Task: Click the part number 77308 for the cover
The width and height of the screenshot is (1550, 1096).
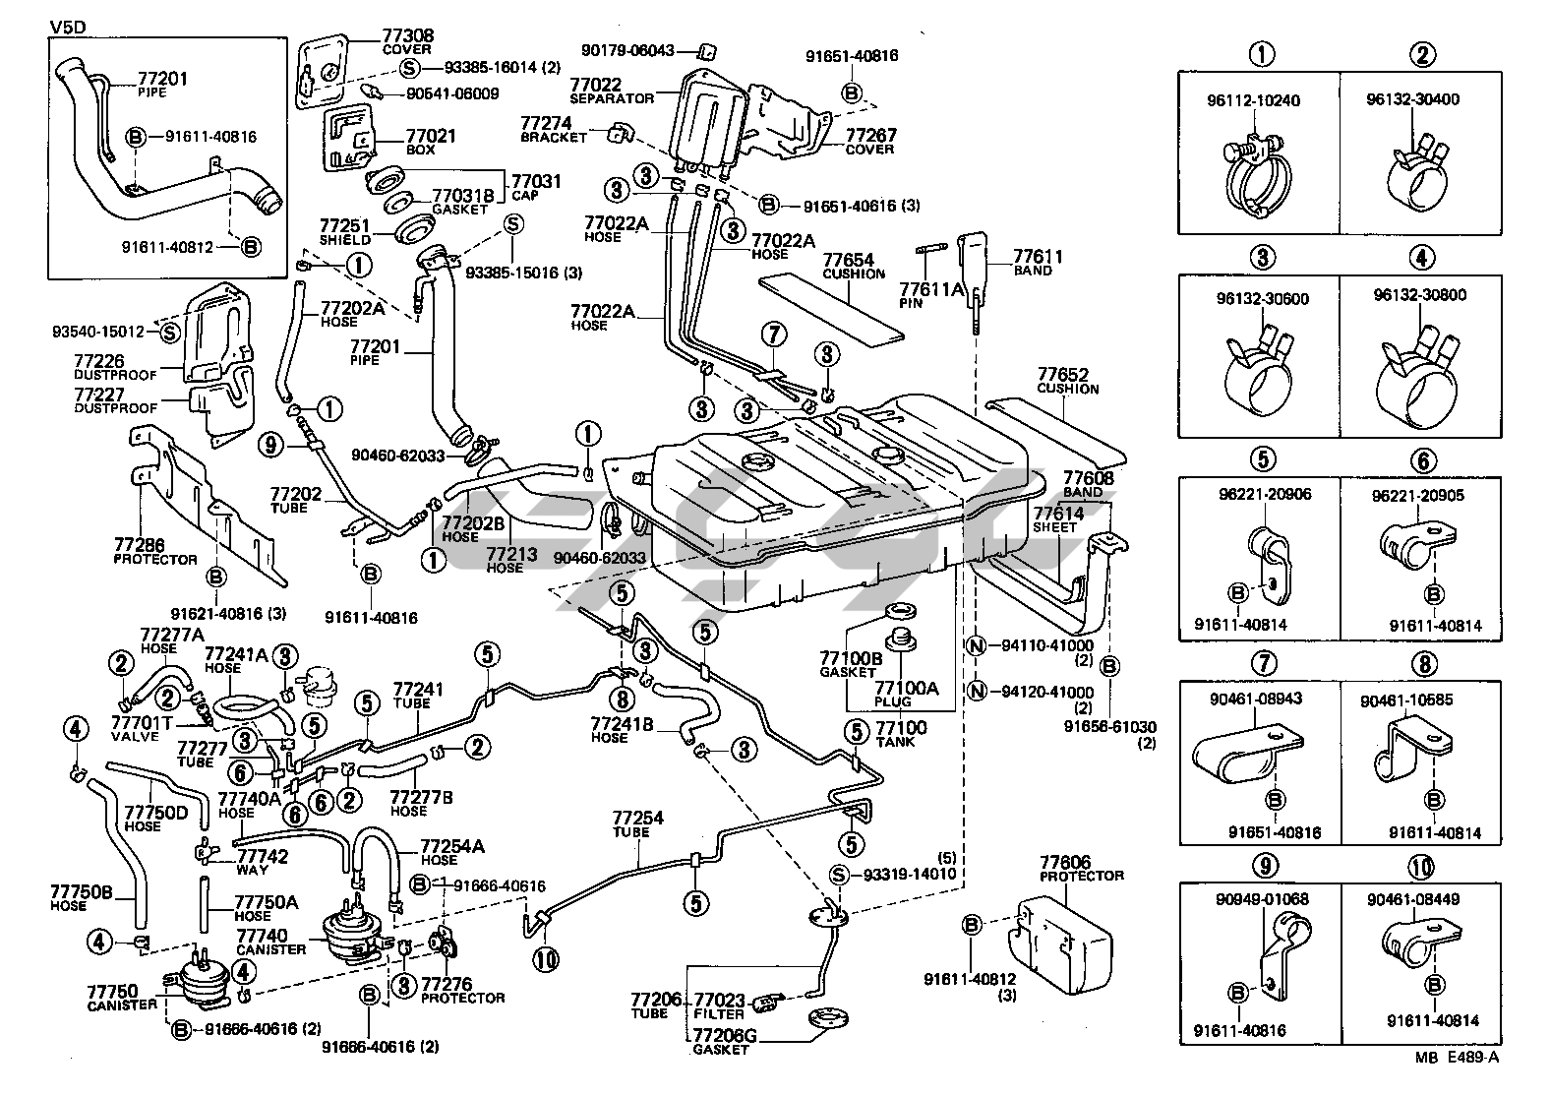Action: coord(408,36)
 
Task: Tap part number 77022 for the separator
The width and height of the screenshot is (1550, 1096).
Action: coord(595,85)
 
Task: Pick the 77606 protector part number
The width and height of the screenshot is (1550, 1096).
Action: coord(1066,863)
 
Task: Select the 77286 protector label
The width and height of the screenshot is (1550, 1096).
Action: coord(139,544)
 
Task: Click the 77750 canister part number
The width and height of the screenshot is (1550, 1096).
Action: coord(112,991)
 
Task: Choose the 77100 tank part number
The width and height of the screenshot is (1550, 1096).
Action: coord(901,727)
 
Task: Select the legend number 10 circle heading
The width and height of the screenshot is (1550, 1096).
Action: coord(1421,866)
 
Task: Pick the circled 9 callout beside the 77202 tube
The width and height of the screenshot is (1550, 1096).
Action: coord(272,446)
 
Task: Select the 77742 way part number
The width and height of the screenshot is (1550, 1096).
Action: coord(263,857)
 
